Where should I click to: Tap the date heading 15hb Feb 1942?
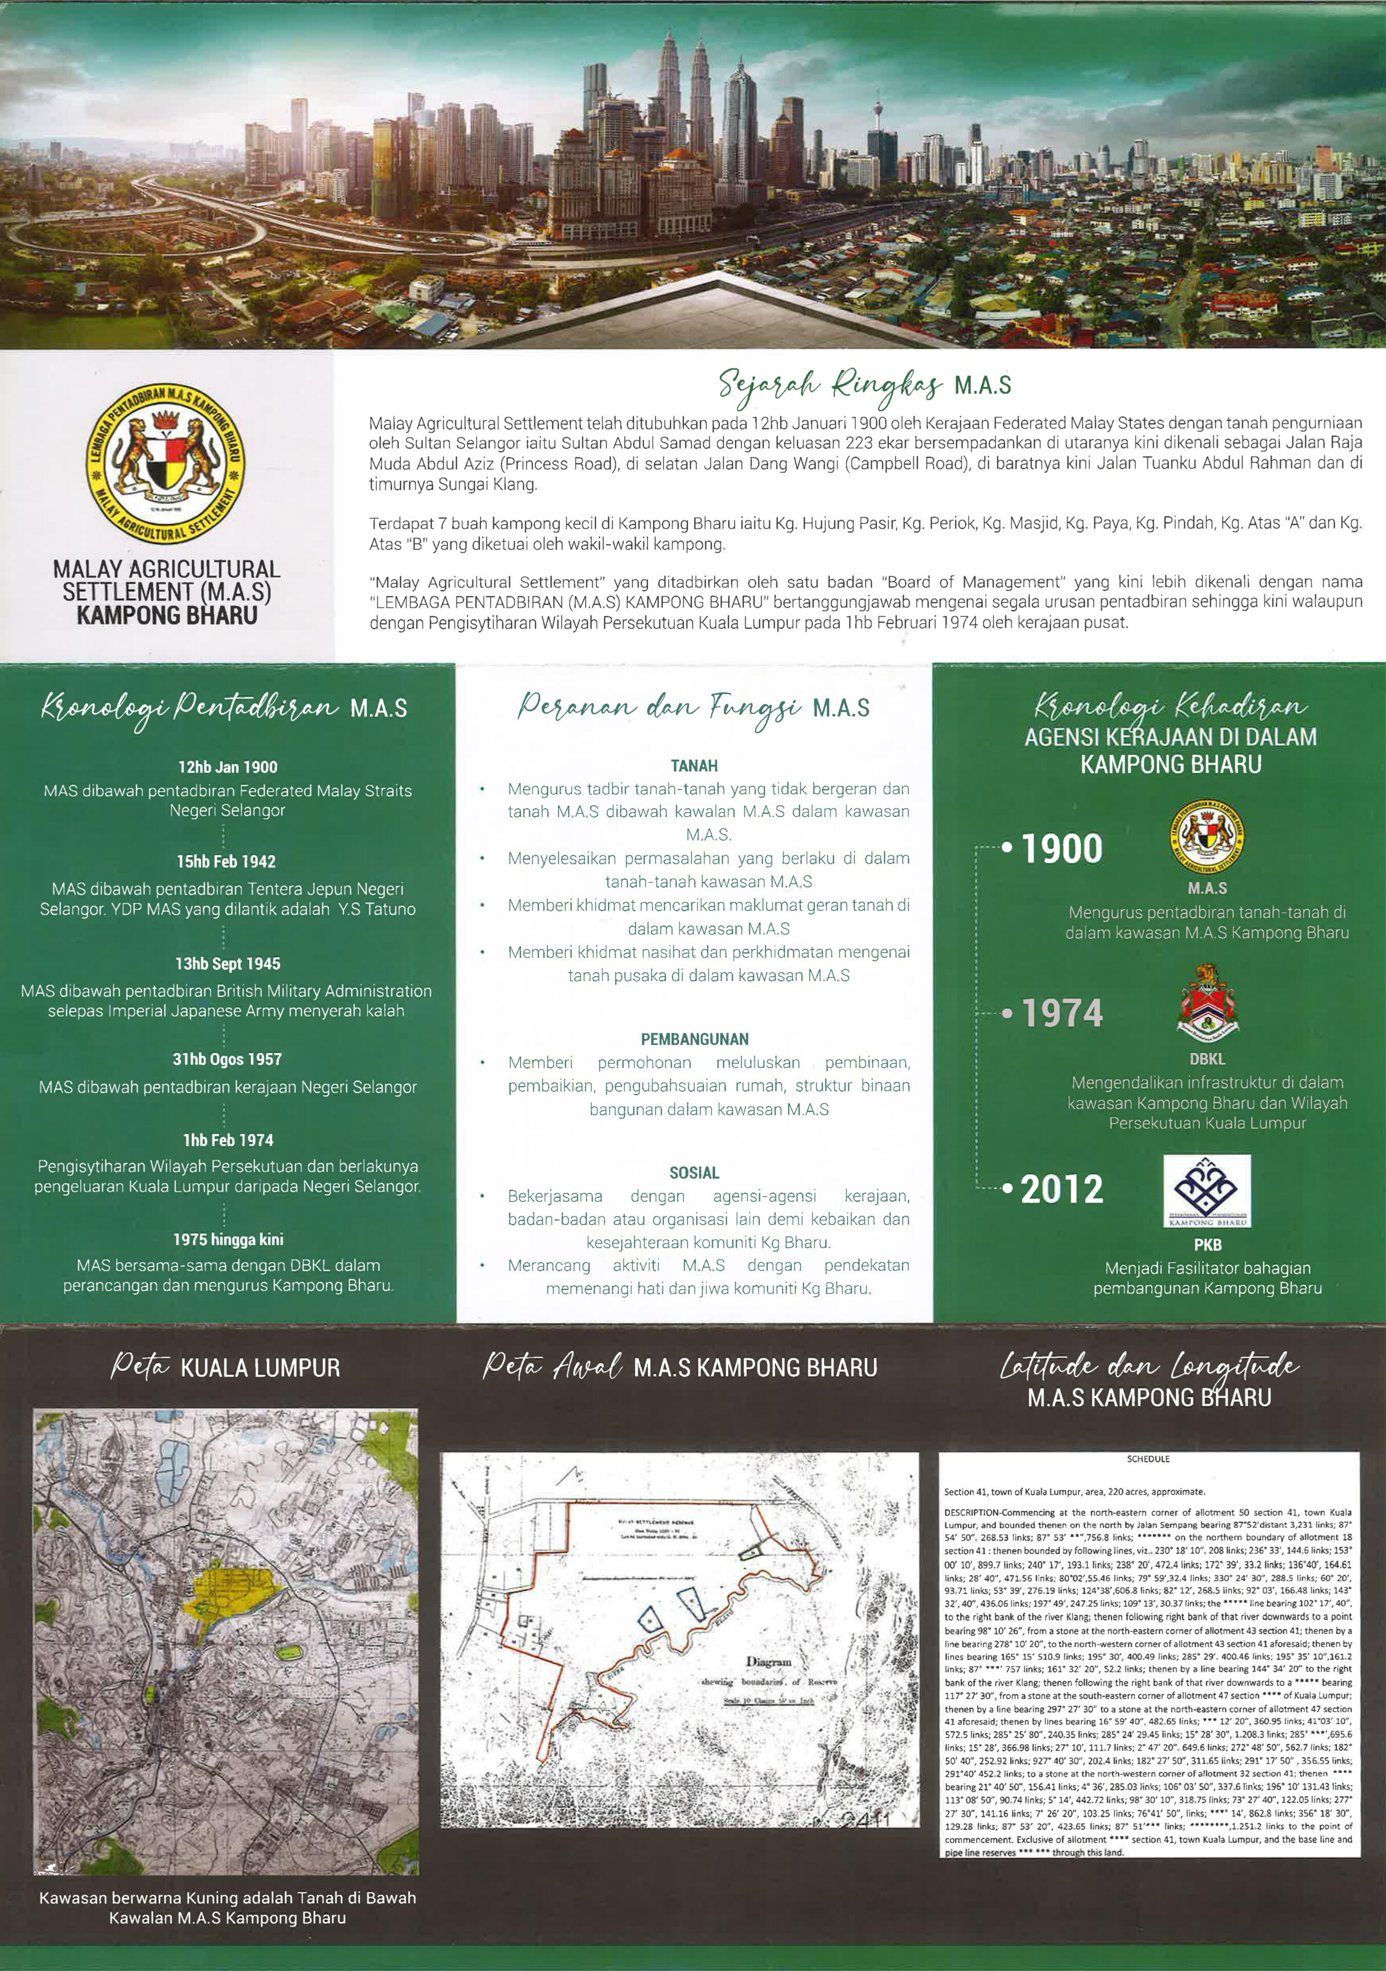point(226,861)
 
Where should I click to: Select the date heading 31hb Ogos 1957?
point(226,1059)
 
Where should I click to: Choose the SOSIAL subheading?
point(694,1173)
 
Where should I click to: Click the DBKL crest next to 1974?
point(1207,1000)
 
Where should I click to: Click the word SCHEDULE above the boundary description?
point(1148,1459)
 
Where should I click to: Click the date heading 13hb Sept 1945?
point(226,963)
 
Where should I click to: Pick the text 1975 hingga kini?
point(226,1240)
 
